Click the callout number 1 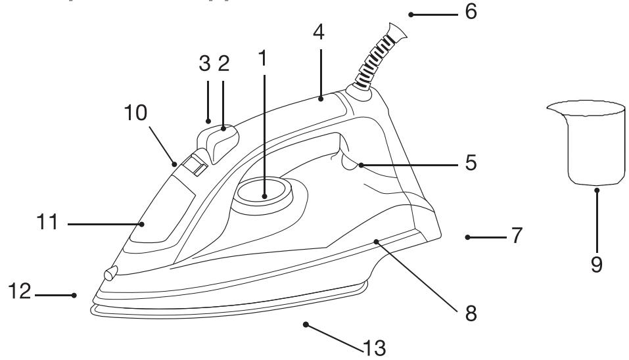264,59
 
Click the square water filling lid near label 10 193,164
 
